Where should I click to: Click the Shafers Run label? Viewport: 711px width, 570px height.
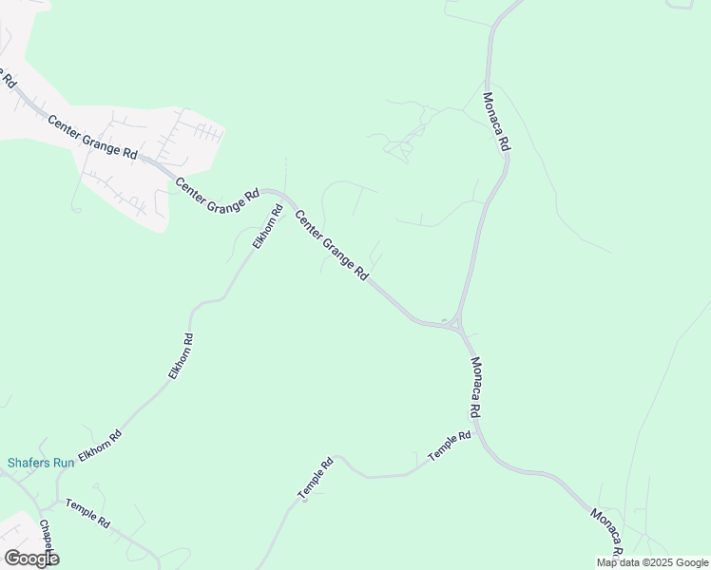41,463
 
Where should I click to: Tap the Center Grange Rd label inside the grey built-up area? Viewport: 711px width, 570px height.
92,137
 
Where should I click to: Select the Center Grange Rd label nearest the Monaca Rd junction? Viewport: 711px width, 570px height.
332,245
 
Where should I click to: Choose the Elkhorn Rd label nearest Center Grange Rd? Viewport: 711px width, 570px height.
268,227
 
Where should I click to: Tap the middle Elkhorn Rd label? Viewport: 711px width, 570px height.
181,357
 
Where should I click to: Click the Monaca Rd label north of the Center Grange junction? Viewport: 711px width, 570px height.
496,122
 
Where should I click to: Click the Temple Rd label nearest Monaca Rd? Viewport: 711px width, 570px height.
450,447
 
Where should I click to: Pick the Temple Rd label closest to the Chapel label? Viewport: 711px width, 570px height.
87,514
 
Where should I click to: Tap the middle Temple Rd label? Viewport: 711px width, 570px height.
316,480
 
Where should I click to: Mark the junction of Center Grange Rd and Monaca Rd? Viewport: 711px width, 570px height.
457,326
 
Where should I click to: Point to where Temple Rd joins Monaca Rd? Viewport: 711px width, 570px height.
478,432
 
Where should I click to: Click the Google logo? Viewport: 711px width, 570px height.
31,559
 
